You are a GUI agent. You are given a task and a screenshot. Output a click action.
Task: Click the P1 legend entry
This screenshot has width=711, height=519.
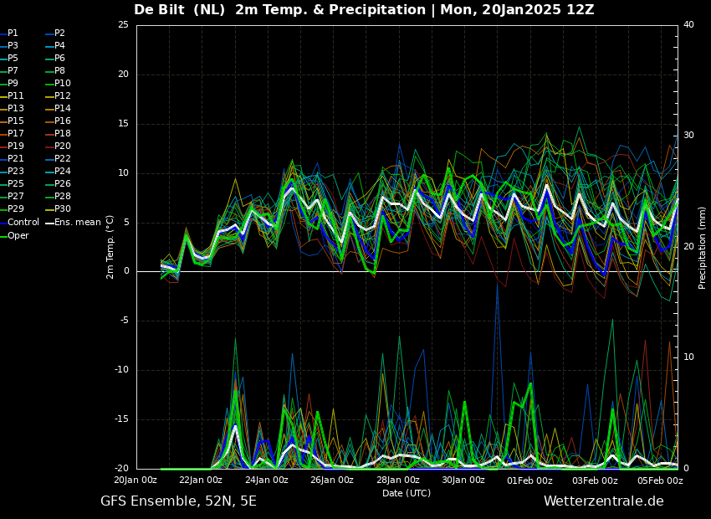9,33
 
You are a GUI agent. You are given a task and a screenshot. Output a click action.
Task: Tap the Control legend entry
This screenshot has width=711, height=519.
19,223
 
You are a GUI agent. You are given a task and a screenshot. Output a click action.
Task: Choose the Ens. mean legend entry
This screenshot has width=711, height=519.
73,223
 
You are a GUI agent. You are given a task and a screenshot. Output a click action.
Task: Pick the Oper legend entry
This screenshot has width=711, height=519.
14,235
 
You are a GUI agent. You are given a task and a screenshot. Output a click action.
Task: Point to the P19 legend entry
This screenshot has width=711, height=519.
13,146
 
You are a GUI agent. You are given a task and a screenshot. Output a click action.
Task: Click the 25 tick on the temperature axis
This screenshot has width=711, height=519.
123,24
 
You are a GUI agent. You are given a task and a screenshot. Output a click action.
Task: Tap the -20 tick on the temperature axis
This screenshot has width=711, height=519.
121,469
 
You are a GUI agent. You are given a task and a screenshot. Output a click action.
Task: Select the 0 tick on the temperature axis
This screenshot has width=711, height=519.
126,271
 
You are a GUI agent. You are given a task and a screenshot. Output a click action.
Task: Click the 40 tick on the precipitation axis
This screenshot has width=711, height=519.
688,24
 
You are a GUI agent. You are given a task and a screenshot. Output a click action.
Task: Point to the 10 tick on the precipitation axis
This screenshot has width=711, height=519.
688,357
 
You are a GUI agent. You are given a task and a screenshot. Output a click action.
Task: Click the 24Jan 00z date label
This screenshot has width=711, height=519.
266,480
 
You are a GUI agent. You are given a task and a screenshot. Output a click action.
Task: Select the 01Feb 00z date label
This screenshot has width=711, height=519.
529,480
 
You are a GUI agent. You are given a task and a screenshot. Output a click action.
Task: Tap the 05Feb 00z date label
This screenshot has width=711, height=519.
661,480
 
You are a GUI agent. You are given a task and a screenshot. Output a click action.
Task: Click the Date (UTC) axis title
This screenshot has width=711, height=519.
407,493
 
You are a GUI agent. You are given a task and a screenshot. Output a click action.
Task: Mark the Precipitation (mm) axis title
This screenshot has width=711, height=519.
703,252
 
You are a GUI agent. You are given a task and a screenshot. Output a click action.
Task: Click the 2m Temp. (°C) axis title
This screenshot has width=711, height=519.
110,247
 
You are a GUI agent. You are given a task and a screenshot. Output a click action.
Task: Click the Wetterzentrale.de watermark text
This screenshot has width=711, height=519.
604,501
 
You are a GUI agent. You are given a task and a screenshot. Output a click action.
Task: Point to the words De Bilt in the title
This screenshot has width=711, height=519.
159,9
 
